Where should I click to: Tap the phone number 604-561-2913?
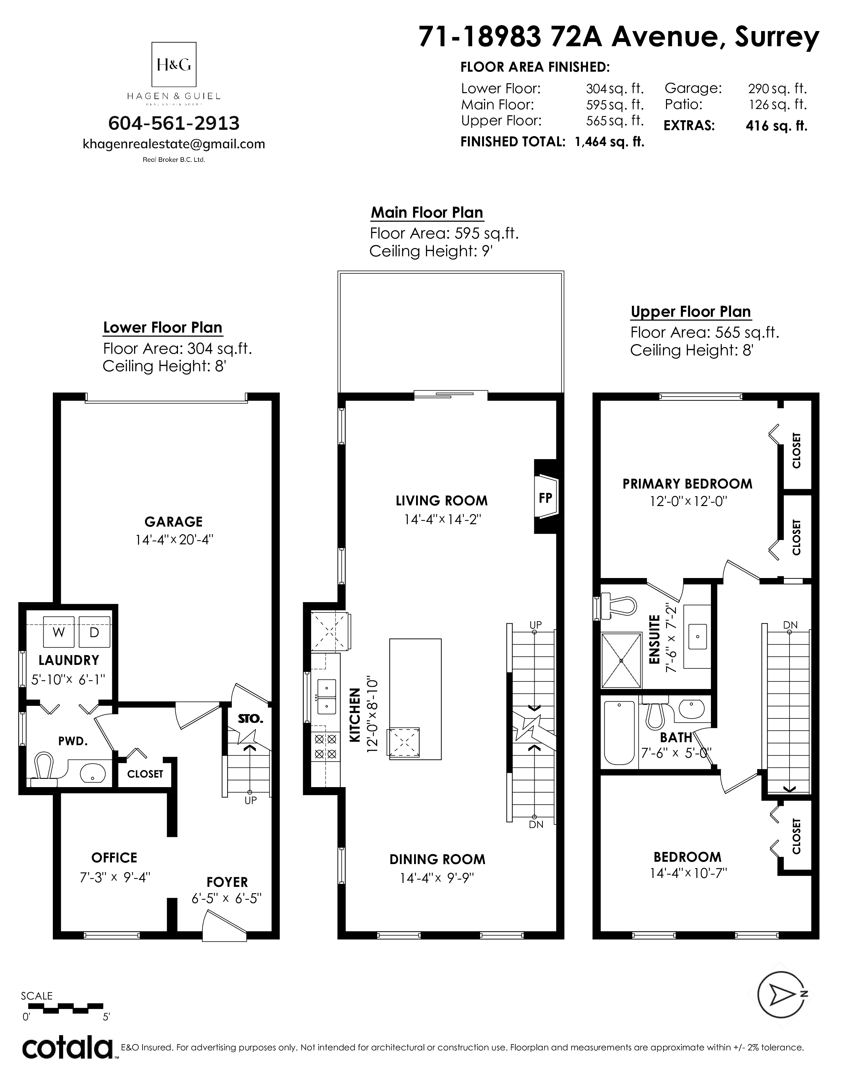point(174,123)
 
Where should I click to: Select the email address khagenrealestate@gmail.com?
point(174,144)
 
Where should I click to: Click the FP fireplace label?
point(545,497)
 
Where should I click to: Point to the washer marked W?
point(59,632)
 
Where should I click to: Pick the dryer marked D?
point(94,632)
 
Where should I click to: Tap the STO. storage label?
point(250,719)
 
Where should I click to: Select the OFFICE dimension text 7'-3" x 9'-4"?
point(115,877)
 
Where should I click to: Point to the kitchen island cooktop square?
point(404,743)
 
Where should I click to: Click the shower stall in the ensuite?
point(621,660)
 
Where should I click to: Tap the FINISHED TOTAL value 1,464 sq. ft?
point(610,142)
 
